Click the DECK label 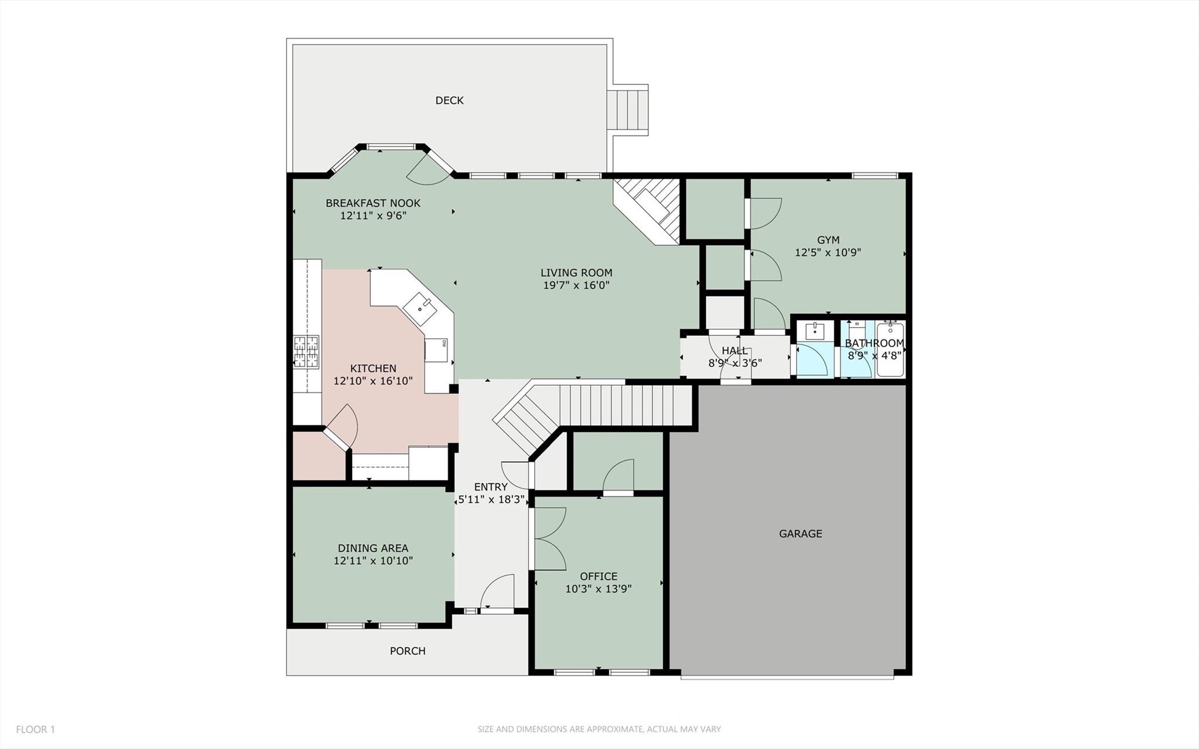click(449, 100)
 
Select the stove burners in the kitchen click(306, 352)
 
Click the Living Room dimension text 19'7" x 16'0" click(576, 285)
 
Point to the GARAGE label click(800, 533)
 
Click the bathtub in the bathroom click(890, 349)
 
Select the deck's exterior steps click(627, 110)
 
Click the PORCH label click(408, 651)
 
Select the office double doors click(548, 538)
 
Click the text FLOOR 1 click(35, 729)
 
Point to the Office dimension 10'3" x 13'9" click(598, 589)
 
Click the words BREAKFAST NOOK click(373, 203)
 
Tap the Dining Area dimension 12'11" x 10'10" click(373, 561)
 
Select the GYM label click(828, 240)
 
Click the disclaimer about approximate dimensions click(599, 729)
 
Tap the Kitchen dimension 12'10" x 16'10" click(373, 381)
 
